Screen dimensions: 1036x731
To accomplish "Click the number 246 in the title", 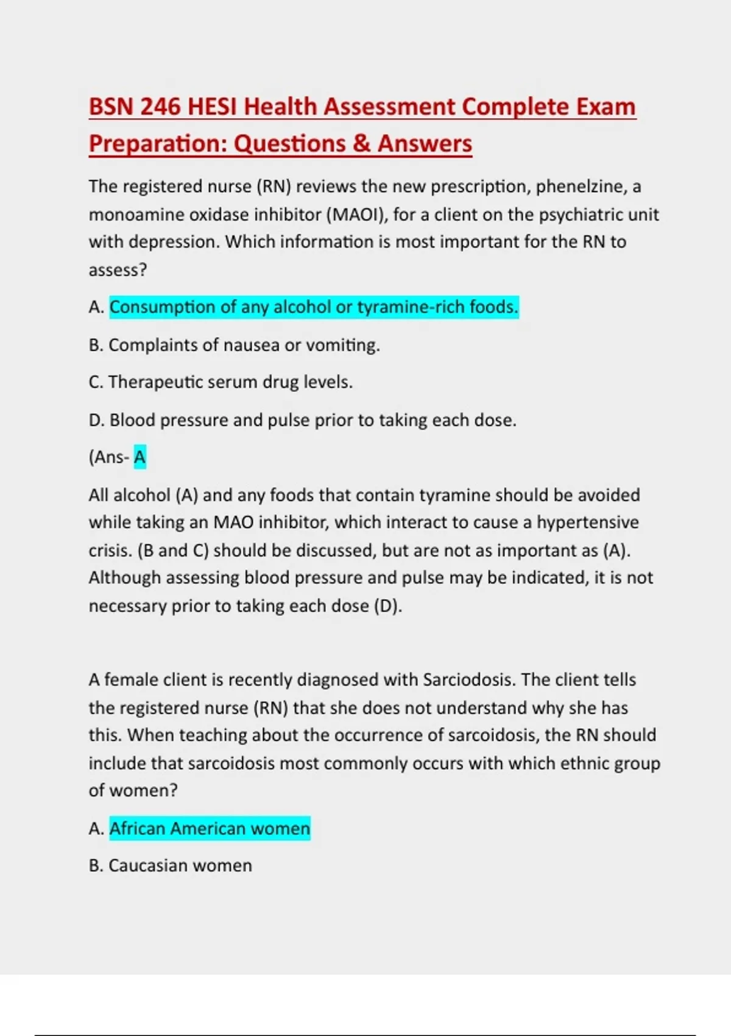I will pyautogui.click(x=160, y=107).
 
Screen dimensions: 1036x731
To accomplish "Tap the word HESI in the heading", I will pyautogui.click(x=213, y=107).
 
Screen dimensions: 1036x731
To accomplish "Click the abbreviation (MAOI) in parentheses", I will pyautogui.click(x=356, y=215).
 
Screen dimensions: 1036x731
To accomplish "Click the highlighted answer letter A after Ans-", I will pyautogui.click(x=140, y=457).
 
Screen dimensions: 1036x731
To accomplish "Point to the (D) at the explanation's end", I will pyautogui.click(x=387, y=606).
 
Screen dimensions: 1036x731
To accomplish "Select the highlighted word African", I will pyautogui.click(x=138, y=829).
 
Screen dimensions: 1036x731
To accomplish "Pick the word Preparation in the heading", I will pyautogui.click(x=158, y=144).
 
